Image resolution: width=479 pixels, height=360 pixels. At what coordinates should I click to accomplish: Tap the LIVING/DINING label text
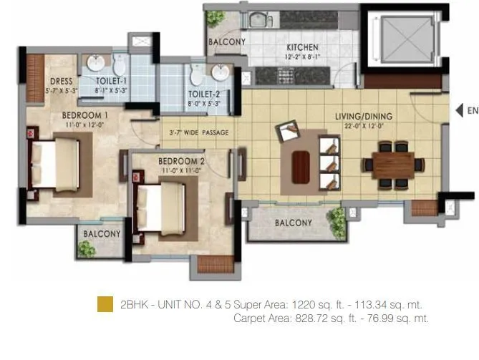point(363,116)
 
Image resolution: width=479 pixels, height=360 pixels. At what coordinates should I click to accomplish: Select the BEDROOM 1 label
point(84,115)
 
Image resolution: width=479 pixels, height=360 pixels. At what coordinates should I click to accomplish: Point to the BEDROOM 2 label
point(181,161)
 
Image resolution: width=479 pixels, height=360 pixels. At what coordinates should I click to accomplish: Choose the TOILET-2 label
point(204,94)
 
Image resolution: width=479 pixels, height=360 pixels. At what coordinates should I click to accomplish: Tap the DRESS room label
point(61,82)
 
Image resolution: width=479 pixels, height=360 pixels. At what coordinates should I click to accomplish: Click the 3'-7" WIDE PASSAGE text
point(198,133)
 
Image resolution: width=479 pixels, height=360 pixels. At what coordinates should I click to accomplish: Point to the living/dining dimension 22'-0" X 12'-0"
point(363,125)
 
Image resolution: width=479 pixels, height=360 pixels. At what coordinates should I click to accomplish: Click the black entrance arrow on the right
point(458,110)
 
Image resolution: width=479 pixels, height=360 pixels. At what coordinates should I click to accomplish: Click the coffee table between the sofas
point(301,167)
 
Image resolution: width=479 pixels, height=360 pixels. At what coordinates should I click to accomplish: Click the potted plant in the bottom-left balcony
point(87,248)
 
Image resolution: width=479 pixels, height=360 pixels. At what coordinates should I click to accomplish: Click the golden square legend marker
point(105,304)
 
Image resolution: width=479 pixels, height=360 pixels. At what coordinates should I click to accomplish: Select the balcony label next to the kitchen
point(226,42)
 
